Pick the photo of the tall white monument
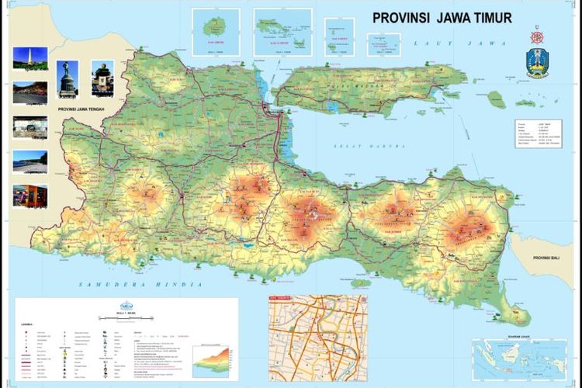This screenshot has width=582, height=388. point(29,57)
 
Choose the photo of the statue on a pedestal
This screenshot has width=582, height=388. point(68,78)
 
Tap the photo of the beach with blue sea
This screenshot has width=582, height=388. point(29,161)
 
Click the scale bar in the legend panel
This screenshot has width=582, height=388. point(124,318)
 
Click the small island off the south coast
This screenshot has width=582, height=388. point(360,283)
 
